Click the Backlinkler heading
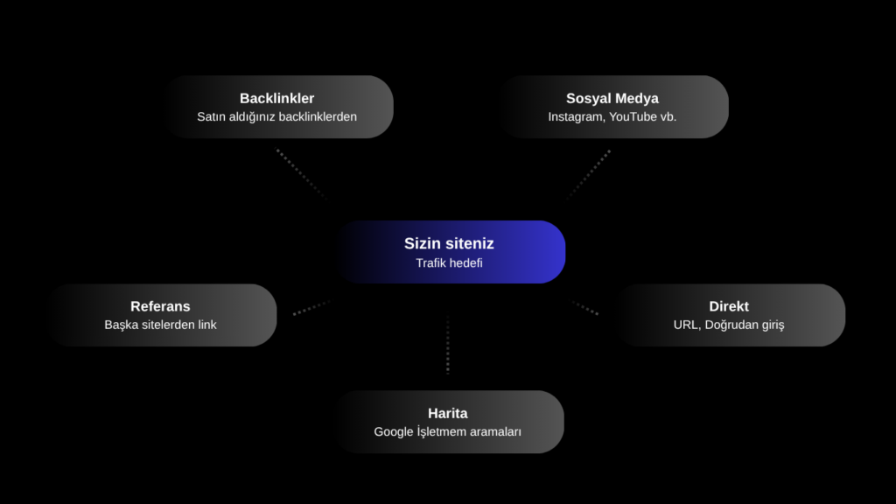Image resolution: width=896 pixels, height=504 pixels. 276,98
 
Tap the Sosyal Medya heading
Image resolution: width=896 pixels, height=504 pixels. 612,98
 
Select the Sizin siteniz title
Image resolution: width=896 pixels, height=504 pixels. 449,243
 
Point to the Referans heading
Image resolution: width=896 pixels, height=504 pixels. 160,306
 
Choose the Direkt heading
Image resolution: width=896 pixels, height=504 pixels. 729,306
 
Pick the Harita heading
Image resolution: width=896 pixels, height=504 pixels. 447,413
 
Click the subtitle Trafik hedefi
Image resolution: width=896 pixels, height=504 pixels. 449,262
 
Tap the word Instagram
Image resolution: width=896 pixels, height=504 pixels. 576,117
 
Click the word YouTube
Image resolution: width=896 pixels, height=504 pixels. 633,116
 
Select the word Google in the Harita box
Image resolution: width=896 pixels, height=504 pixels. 394,432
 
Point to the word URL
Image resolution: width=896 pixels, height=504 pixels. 686,325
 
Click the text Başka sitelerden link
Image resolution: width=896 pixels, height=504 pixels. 161,325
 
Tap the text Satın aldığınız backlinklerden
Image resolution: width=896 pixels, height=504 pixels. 276,116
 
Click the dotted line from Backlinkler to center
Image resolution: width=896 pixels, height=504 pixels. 301,174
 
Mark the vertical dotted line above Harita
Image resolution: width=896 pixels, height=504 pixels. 447,345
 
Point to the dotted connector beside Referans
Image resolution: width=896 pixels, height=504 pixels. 311,307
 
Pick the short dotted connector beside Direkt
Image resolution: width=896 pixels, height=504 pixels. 585,308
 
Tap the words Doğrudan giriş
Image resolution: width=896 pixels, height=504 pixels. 745,325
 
